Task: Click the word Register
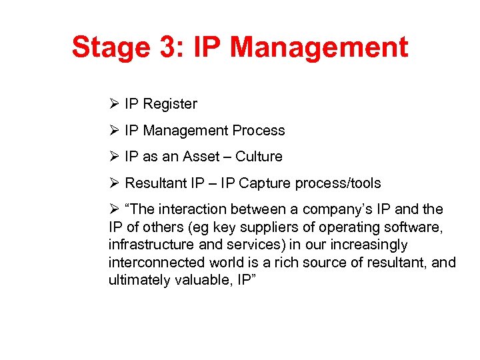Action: (x=170, y=104)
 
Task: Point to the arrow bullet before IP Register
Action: (x=113, y=104)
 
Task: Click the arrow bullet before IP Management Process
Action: (x=113, y=131)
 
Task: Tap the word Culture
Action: (x=259, y=157)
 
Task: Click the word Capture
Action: (x=265, y=183)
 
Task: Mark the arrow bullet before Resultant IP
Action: (x=113, y=183)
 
